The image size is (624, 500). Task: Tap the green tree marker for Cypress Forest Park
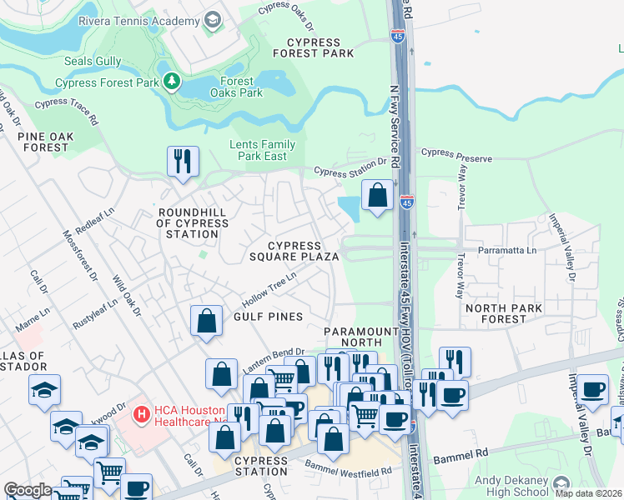[x=172, y=82]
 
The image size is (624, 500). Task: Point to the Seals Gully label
[x=93, y=62]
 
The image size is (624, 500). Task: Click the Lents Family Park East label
[x=258, y=150]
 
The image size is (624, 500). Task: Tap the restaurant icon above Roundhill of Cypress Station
[x=183, y=160]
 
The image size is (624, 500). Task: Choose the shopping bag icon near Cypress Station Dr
[x=378, y=196]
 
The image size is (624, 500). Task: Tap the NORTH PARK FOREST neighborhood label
[x=503, y=313]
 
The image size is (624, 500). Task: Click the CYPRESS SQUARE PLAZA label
[x=294, y=251]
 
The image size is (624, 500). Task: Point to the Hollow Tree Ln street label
[x=269, y=288]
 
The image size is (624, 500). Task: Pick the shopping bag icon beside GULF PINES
[x=207, y=320]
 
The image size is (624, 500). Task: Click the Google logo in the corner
[x=28, y=490]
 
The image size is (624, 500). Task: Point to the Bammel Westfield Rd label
[x=348, y=467]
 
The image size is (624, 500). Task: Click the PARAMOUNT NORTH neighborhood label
[x=361, y=337]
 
